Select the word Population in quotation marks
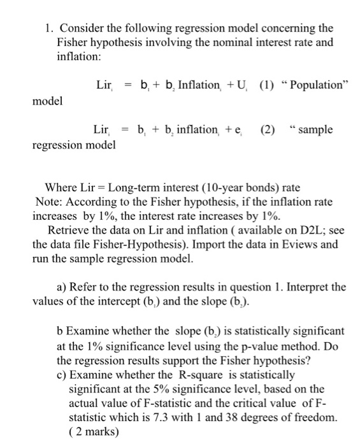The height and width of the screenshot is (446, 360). (x=317, y=85)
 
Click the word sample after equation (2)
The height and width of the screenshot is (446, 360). (x=317, y=131)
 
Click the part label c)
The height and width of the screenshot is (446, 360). (x=62, y=374)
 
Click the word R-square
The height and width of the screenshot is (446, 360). (x=179, y=374)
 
